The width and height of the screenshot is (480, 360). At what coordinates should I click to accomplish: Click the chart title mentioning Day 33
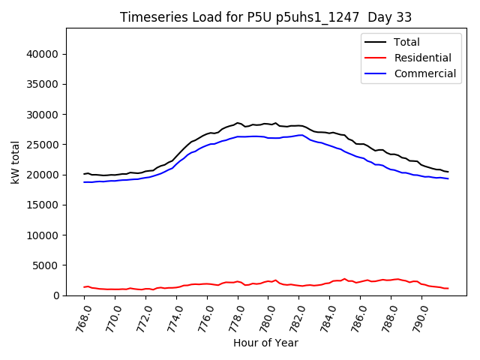click(265, 16)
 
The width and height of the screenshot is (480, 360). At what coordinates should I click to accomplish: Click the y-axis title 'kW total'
click(16, 161)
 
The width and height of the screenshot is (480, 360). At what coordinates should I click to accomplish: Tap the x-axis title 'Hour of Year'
click(265, 343)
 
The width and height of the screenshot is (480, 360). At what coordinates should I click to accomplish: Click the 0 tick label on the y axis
click(56, 295)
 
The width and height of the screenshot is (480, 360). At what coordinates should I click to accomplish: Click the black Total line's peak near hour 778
click(238, 123)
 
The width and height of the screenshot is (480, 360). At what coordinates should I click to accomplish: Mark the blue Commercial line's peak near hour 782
click(301, 135)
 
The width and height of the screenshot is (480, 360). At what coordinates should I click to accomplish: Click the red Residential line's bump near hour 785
click(345, 279)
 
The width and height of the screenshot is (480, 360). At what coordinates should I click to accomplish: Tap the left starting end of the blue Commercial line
click(84, 181)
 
